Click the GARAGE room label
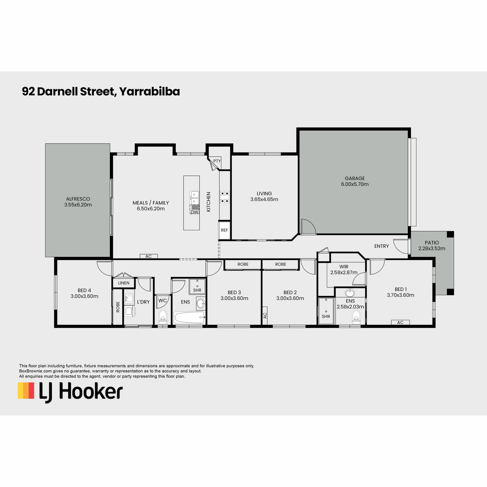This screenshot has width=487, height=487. pos(355,178)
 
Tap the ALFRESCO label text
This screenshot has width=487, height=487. pos(78,199)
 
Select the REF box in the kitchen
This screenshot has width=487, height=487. pos(224,230)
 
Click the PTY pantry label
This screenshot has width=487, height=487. pos(217,161)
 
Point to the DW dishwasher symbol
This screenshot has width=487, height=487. pos(194,212)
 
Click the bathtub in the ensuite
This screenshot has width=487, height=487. pos(189,317)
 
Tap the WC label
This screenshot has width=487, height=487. pos(162,300)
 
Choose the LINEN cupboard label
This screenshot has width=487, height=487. pos(124,283)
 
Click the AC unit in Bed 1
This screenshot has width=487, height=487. pos(400,322)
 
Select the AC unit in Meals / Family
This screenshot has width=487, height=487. pos(149,256)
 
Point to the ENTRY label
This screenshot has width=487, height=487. pos(381,246)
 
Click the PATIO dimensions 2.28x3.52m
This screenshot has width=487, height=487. pos(432,248)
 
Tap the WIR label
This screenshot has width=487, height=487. pos(344,267)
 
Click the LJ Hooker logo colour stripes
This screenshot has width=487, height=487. pos(26,390)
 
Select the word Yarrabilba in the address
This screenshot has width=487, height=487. pos(149,91)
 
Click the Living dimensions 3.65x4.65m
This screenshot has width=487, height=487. pos(264,199)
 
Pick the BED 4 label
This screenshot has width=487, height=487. pos(84,291)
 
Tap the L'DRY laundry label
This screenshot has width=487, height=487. pos(143,302)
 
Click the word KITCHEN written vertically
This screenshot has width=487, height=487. pos(209,202)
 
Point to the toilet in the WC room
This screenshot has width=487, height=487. pos(163,317)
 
